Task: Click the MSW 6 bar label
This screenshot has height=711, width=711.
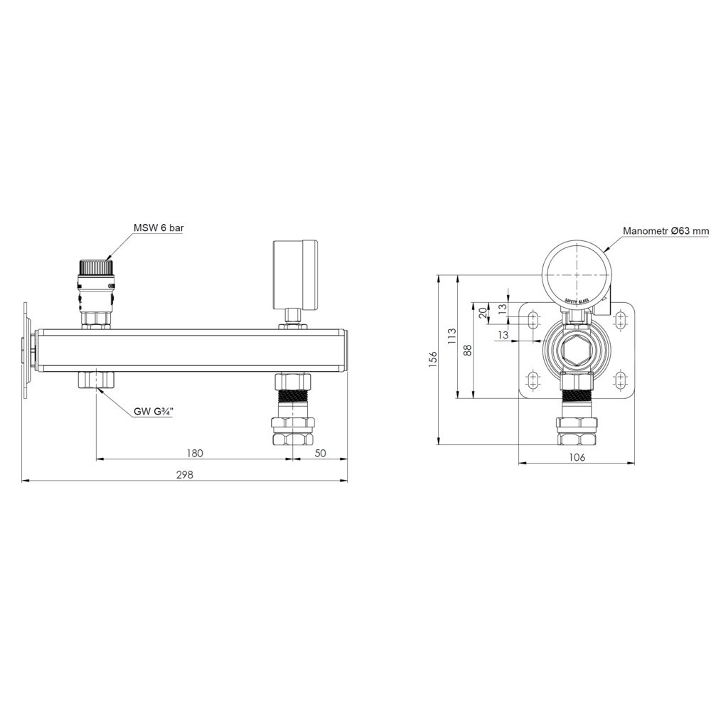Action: click(159, 228)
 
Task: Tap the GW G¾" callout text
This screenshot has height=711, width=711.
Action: click(154, 412)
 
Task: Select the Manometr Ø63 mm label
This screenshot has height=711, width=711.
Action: click(665, 231)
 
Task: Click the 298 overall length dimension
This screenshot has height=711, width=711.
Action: click(185, 475)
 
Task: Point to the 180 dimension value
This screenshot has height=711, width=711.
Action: click(195, 453)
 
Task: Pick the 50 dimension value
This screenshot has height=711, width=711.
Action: click(320, 453)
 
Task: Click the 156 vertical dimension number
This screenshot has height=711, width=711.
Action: click(434, 359)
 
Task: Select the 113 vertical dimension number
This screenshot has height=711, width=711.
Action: click(452, 336)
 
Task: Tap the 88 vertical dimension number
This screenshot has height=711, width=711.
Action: click(468, 350)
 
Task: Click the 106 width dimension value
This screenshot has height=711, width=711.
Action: click(577, 457)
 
